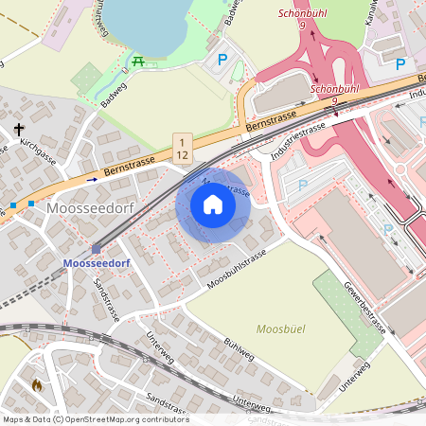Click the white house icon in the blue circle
[213, 205]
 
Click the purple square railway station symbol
[96, 249]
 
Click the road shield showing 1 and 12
[182, 147]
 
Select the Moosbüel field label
[281, 328]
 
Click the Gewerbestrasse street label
[364, 308]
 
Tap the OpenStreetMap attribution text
[96, 419]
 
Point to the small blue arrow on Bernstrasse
[92, 178]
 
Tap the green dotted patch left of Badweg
[87, 78]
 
